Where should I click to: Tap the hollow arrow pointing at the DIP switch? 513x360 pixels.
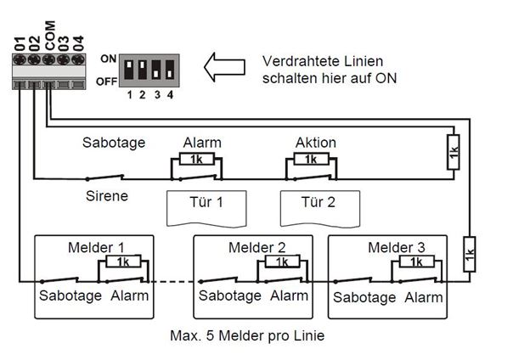coord(229,67)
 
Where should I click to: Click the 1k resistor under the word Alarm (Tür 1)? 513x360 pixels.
coord(196,159)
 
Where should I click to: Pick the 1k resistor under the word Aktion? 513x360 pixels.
coord(310,159)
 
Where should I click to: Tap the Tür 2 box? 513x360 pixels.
coord(319,206)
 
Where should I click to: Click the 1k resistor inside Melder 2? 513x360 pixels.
coord(280,262)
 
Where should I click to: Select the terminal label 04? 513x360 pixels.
coord(78,42)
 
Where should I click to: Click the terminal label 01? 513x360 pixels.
coord(19,42)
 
